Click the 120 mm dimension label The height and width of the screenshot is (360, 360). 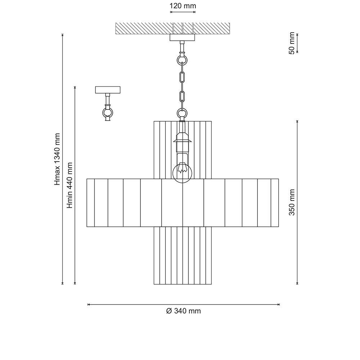click(183, 6)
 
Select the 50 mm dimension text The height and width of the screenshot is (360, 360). click(292, 43)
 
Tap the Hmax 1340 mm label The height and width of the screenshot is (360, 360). click(57, 159)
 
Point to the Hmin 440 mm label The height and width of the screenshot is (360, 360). click(69, 185)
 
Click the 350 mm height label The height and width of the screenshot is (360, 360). click(292, 202)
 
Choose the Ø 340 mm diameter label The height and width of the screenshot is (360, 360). click(184, 311)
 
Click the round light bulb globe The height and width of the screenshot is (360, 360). click(182, 173)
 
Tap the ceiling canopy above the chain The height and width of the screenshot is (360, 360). click(182, 37)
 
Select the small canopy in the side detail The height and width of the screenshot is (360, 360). click(108, 90)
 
